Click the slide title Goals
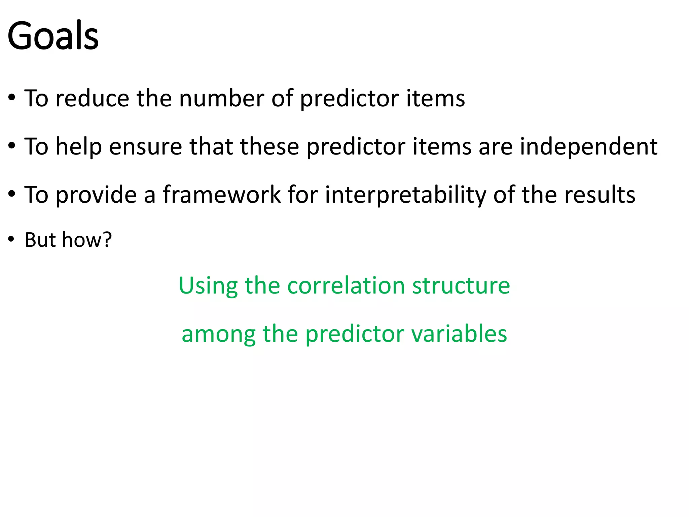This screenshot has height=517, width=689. (x=53, y=36)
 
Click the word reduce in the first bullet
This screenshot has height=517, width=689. (x=92, y=98)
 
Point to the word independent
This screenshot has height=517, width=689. (x=588, y=147)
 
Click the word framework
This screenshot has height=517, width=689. (x=222, y=195)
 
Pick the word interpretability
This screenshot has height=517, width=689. (x=405, y=195)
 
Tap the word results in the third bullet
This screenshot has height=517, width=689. (x=600, y=195)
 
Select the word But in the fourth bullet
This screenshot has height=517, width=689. (x=40, y=240)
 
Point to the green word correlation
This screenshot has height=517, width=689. (x=346, y=285)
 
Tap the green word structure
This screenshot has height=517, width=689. (x=461, y=285)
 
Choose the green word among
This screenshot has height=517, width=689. (x=218, y=334)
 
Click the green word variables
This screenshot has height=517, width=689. (x=459, y=334)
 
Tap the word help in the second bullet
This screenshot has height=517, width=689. (x=78, y=147)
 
